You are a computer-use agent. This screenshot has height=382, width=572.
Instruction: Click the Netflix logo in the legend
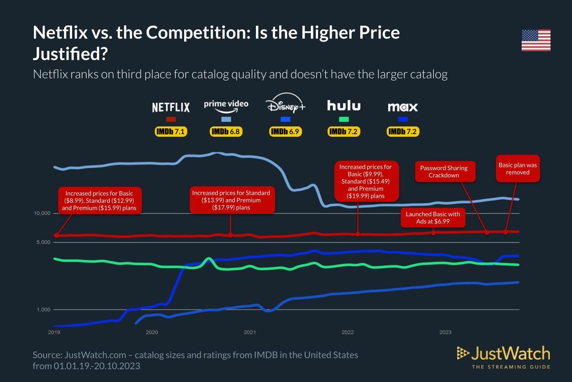[x=171, y=107]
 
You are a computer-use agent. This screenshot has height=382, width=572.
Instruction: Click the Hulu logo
[x=344, y=106]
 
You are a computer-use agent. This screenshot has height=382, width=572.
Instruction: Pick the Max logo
[x=403, y=107]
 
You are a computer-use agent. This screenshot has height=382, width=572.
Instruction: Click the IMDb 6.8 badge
[x=226, y=131]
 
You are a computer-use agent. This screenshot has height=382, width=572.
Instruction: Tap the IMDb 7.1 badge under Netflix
[x=170, y=131]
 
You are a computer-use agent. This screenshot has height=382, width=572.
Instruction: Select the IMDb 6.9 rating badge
[x=285, y=131]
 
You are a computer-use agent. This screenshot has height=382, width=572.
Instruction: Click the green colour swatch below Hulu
[x=344, y=119]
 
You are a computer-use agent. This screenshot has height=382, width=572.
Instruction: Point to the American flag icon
[x=536, y=40]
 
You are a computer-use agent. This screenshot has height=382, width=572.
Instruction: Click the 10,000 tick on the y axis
[x=42, y=213]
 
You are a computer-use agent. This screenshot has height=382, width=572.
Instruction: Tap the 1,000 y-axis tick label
[x=43, y=309]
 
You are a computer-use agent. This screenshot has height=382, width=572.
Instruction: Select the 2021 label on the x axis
[x=250, y=332]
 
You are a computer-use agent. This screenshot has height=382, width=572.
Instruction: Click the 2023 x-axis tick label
[x=445, y=332]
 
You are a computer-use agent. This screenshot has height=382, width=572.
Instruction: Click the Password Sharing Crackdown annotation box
[x=444, y=172]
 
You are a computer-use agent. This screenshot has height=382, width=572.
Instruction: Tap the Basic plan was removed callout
[x=517, y=168]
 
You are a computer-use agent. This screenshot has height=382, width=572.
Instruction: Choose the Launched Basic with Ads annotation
[x=433, y=218]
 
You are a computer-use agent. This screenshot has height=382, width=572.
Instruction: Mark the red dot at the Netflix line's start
[x=56, y=235]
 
